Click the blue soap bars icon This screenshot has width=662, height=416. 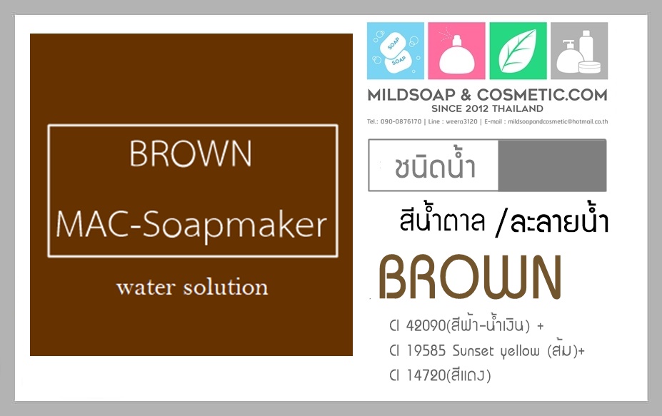[x=395, y=51]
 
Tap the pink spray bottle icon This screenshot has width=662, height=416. [x=456, y=51]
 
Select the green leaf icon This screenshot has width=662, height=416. [x=518, y=51]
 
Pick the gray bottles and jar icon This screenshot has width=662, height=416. [x=579, y=51]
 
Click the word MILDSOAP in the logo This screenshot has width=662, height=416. [x=411, y=95]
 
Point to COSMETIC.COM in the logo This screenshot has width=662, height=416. [x=542, y=95]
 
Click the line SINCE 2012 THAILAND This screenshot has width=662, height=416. [x=487, y=109]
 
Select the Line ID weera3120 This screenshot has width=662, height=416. [x=461, y=121]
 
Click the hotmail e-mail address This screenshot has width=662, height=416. [x=558, y=121]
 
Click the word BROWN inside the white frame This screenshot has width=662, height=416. [x=191, y=153]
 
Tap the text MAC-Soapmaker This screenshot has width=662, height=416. [x=191, y=225]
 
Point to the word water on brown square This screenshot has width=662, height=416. [x=146, y=288]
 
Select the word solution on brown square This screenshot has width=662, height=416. [x=226, y=287]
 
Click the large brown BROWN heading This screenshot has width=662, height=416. [x=471, y=277]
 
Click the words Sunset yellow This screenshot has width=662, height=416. [x=496, y=351]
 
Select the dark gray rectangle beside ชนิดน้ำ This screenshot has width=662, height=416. [x=552, y=166]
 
